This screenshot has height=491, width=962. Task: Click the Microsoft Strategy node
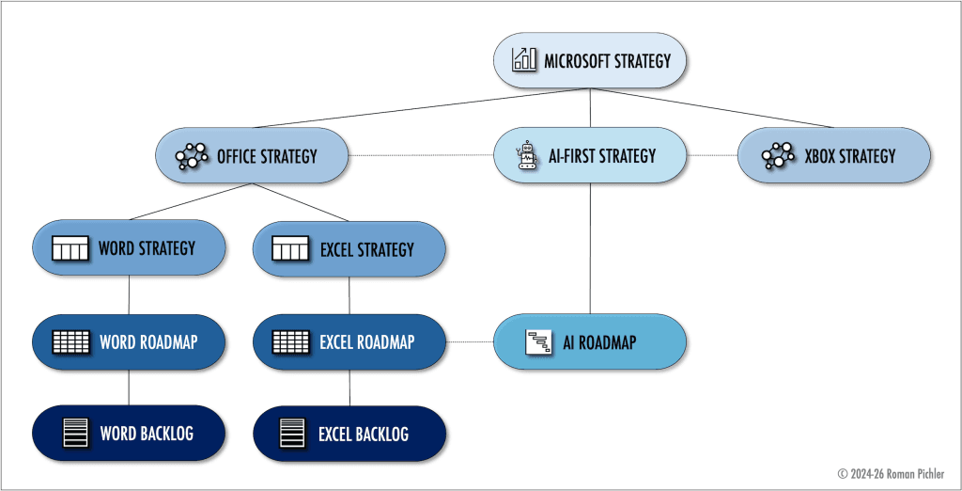591,62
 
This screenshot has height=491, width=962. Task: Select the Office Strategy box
251,155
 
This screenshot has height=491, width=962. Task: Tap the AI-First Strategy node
590,155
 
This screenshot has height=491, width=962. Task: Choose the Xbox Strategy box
833,155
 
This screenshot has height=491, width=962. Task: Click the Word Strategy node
129,248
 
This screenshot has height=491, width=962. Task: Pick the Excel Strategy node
349,249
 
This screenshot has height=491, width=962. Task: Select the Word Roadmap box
129,341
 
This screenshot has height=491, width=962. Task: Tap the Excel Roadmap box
349,341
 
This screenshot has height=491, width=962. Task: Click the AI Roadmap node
590,341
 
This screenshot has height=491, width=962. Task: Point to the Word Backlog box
129,434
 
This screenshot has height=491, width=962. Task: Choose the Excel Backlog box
349,434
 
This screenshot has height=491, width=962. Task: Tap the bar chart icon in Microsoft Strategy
524,61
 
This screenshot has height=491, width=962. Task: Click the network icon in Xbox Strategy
777,155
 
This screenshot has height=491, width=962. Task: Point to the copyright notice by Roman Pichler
890,473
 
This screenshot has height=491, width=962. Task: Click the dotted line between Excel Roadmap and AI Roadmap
470,341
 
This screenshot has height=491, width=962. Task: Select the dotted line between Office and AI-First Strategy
421,155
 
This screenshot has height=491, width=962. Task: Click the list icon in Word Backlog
74,434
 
